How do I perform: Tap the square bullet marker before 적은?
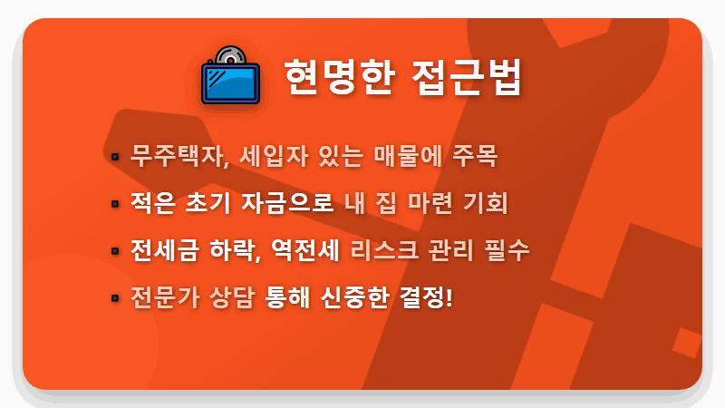coord(115,203)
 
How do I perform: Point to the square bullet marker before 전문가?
coord(115,297)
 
